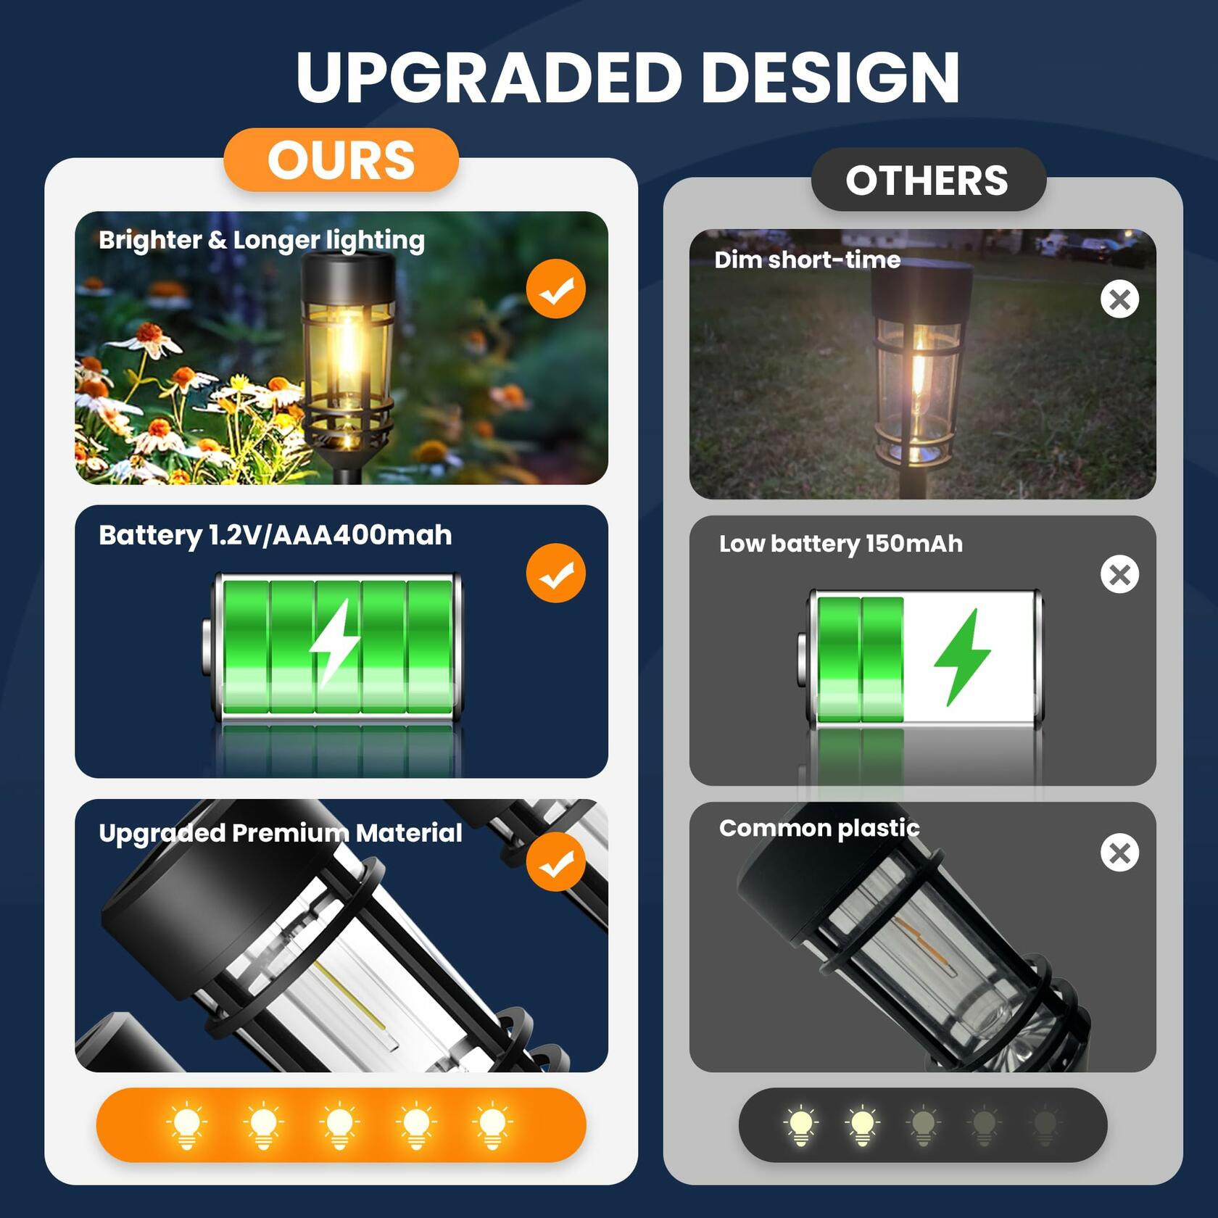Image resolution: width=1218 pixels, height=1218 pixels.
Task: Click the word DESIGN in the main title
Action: [831, 78]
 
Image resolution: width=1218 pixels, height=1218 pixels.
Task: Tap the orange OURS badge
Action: [341, 160]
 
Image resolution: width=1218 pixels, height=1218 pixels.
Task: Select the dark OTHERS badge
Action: [928, 180]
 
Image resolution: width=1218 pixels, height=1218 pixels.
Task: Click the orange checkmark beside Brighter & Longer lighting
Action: [556, 289]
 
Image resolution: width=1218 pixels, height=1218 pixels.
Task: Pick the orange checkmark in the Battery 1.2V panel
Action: [556, 573]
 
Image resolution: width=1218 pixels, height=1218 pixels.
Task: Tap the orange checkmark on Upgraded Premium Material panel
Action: [556, 862]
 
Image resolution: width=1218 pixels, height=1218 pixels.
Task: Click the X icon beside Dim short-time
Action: [1119, 299]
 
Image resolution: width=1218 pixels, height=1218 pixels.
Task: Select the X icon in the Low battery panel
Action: [1119, 574]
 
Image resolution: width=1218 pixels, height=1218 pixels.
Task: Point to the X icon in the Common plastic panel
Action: [1119, 853]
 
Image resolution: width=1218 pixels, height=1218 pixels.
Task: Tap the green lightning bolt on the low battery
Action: [962, 657]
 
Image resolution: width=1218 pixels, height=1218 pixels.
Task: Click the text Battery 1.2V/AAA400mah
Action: [275, 536]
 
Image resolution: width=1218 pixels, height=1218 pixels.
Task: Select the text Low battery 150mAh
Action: [841, 544]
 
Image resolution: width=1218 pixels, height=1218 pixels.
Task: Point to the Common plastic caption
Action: [819, 828]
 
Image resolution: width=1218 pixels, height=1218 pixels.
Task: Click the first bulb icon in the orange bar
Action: [186, 1125]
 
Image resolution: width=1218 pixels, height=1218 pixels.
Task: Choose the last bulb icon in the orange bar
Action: [492, 1125]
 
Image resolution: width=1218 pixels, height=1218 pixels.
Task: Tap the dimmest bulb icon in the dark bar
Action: [1045, 1126]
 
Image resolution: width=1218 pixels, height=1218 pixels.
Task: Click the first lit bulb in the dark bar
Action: [801, 1126]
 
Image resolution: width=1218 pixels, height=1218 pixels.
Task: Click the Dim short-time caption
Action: [808, 260]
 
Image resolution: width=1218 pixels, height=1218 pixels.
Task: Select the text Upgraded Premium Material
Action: [281, 833]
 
